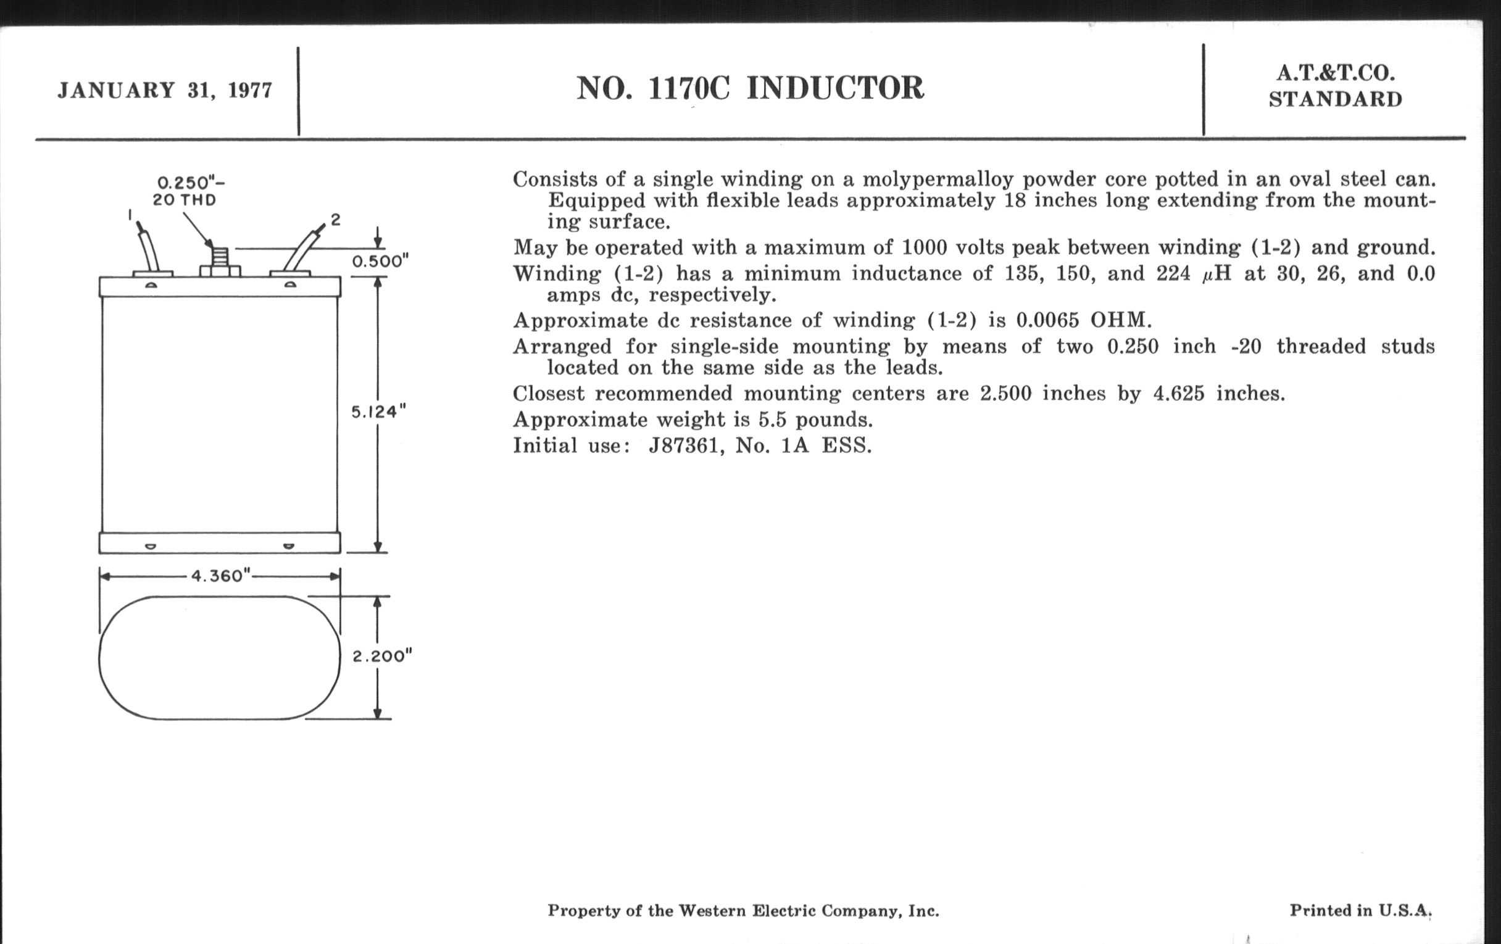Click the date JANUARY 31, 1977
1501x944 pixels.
point(165,90)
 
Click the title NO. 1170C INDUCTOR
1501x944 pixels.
point(750,88)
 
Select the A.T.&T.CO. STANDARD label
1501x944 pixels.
point(1335,86)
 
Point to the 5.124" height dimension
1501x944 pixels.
point(378,412)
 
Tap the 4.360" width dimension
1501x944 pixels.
point(220,576)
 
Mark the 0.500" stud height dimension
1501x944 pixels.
point(380,261)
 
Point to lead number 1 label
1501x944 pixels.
point(130,215)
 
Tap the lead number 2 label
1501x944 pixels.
point(335,219)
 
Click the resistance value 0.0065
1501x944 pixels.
point(1047,320)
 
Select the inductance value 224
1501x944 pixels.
point(1173,273)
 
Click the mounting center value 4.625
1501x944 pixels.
point(1179,393)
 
